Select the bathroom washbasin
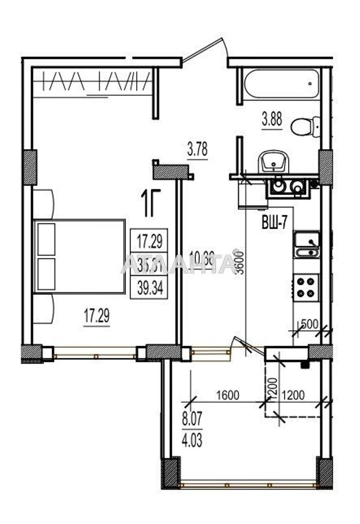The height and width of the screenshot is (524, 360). point(273,161)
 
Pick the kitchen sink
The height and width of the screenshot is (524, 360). point(307,245)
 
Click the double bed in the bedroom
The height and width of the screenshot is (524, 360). point(79,256)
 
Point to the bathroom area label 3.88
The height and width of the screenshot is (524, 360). point(272,121)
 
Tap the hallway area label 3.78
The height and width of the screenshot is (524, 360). point(197,149)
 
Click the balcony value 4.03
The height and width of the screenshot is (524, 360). point(192,439)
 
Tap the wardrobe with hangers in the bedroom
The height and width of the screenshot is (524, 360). point(93,83)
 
